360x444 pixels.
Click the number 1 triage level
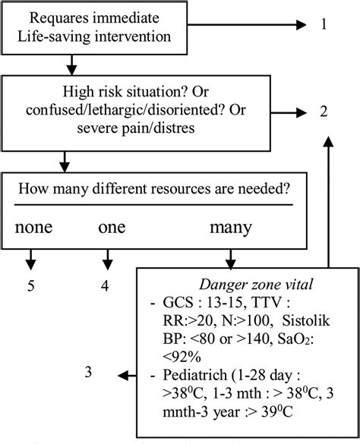click(x=325, y=25)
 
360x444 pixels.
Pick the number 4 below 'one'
click(x=105, y=285)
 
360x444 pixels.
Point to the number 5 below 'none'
click(x=31, y=285)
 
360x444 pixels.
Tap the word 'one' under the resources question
click(x=112, y=227)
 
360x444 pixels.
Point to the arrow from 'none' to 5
click(x=31, y=258)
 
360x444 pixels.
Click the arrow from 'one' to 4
click(x=105, y=258)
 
